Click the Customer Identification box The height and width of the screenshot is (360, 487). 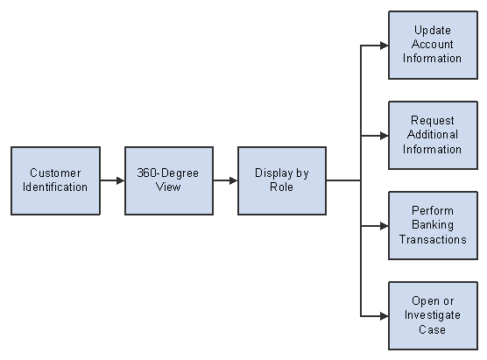tap(55, 180)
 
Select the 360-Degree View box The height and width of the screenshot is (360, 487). tap(169, 180)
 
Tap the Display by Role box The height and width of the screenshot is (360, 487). tap(282, 180)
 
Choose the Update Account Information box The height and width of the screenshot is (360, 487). tap(433, 46)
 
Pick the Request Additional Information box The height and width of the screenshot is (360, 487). tap(433, 136)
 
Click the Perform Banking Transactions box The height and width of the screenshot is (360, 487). tap(433, 226)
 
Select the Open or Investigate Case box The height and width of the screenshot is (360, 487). tap(433, 316)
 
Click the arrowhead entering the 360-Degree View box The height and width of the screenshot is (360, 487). tap(121, 180)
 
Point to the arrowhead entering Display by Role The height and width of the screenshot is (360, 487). tap(234, 180)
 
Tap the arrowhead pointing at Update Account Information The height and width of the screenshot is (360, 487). tap(385, 46)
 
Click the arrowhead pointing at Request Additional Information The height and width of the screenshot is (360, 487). tap(385, 136)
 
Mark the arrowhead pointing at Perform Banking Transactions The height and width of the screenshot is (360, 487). tap(385, 226)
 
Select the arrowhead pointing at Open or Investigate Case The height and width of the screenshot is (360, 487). tap(385, 316)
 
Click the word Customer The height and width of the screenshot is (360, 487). tap(55, 173)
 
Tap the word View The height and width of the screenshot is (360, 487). tap(168, 187)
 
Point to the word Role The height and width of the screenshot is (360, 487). tap(281, 187)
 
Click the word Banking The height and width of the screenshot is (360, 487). tap(433, 225)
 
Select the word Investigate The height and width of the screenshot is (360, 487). tap(433, 315)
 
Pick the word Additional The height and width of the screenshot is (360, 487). tap(433, 135)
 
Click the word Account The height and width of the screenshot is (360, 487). tap(433, 44)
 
